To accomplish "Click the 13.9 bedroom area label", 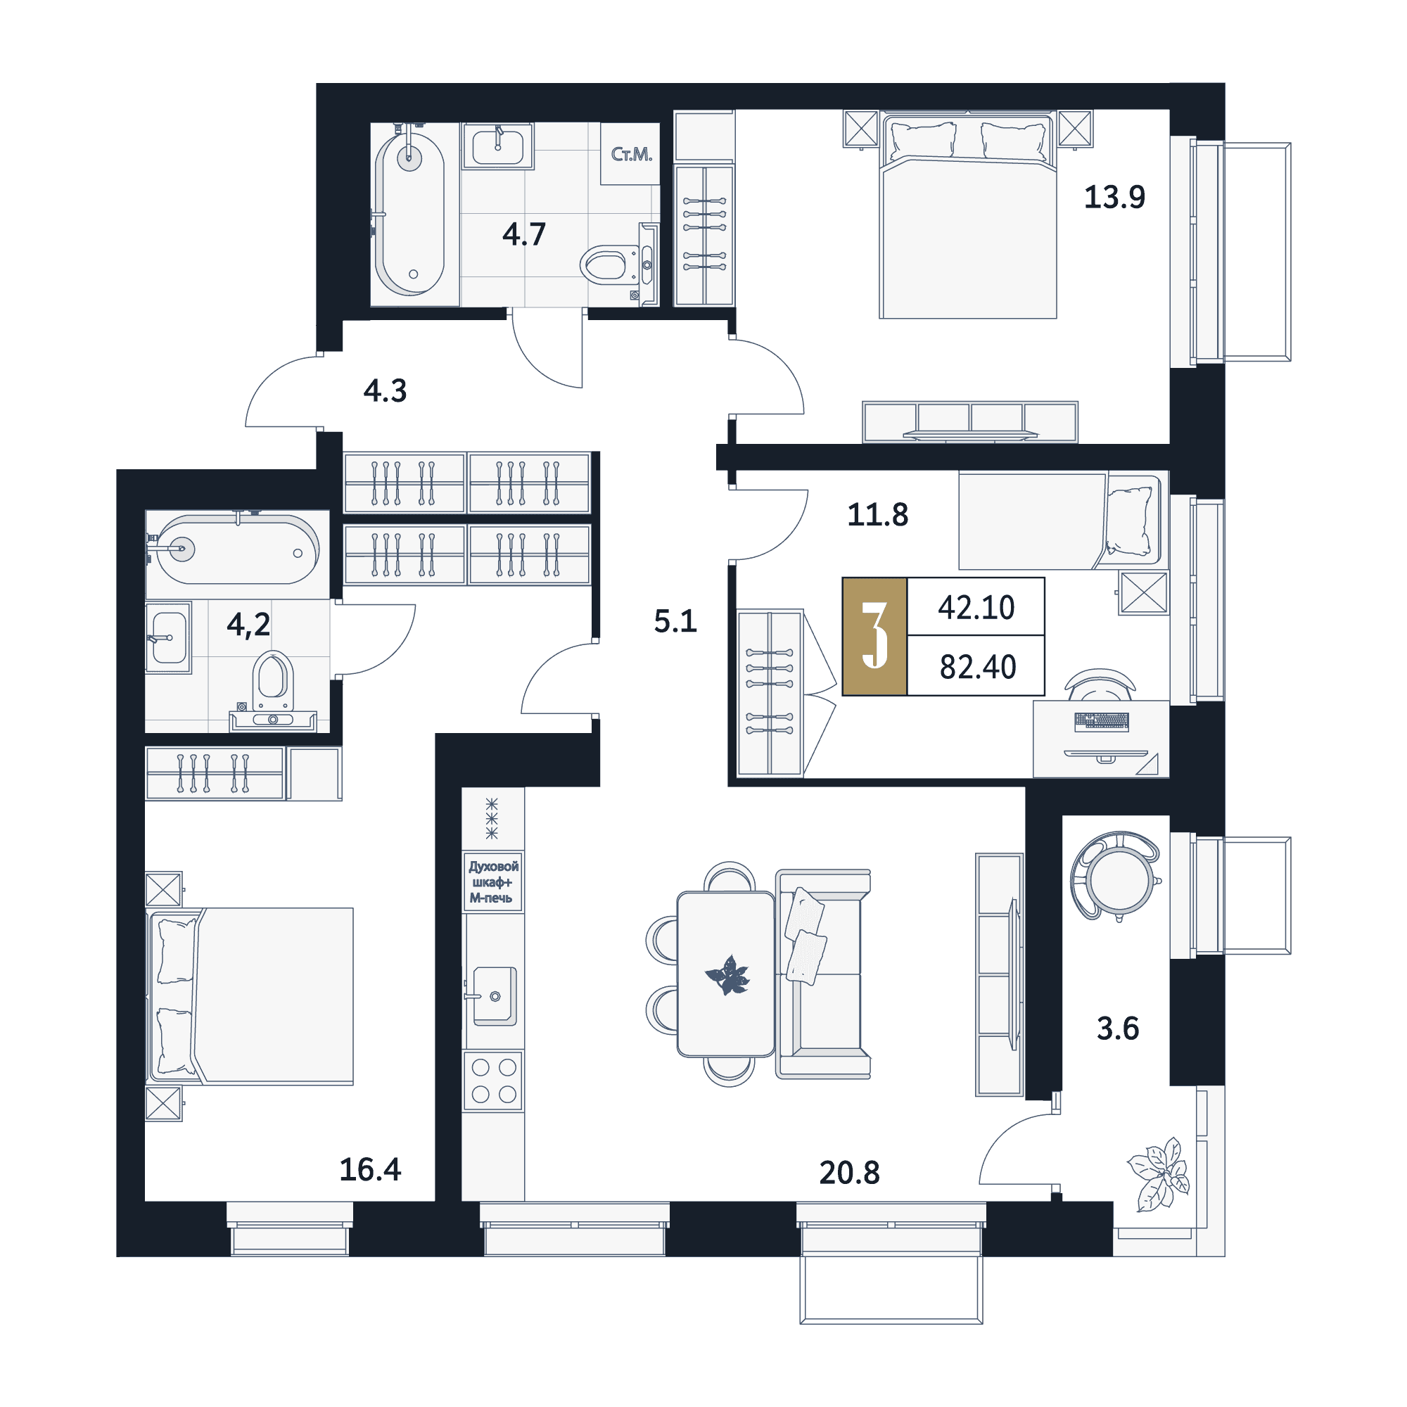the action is pyautogui.click(x=1114, y=198).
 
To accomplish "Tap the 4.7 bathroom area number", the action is pyautogui.click(x=523, y=234).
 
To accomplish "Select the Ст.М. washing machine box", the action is pyautogui.click(x=630, y=153).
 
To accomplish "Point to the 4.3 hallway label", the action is pyautogui.click(x=386, y=391).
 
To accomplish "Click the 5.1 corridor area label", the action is pyautogui.click(x=675, y=621).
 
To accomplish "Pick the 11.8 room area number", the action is pyautogui.click(x=877, y=515).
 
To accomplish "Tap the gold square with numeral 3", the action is pyautogui.click(x=874, y=637).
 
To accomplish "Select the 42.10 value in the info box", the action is pyautogui.click(x=976, y=607).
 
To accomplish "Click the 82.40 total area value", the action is pyautogui.click(x=977, y=667).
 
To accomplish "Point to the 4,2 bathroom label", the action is pyautogui.click(x=248, y=625).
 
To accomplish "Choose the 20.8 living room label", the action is pyautogui.click(x=849, y=1173).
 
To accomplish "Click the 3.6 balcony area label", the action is pyautogui.click(x=1118, y=1029).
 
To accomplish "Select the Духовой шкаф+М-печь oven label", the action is pyautogui.click(x=493, y=882).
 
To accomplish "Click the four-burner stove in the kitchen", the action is pyautogui.click(x=494, y=1081).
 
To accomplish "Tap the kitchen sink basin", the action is pyautogui.click(x=495, y=995).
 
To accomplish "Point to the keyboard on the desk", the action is pyautogui.click(x=1101, y=722).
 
